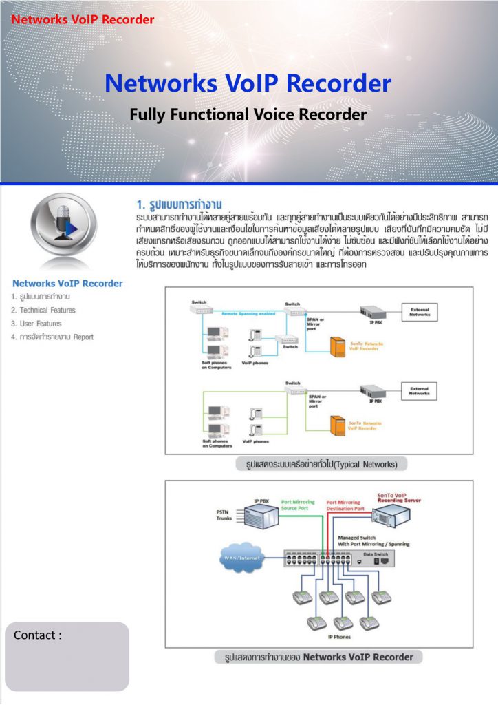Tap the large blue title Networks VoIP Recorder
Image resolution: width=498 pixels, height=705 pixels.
click(x=248, y=83)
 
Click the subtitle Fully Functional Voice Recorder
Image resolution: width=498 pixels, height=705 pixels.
click(x=248, y=114)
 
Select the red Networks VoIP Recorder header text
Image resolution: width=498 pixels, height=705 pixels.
click(x=83, y=19)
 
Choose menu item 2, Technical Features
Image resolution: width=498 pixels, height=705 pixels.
click(x=43, y=311)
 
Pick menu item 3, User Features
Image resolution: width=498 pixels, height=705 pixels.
click(x=36, y=324)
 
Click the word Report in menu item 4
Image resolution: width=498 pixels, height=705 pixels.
click(x=82, y=337)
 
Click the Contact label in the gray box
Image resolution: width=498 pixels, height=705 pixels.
click(x=38, y=635)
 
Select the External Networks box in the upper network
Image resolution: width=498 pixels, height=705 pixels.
click(x=420, y=313)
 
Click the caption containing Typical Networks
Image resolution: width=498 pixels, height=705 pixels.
click(x=321, y=464)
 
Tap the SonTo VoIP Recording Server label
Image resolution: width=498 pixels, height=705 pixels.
click(x=399, y=498)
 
